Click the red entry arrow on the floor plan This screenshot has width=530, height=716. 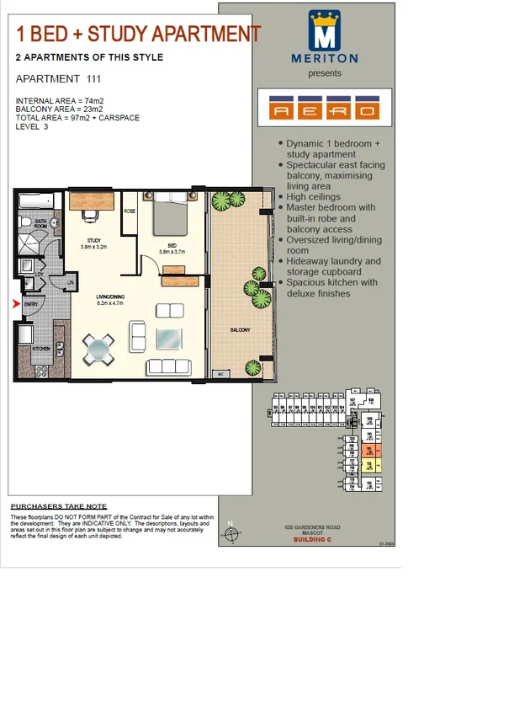tap(16, 303)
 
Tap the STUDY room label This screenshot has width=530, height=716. tap(93, 243)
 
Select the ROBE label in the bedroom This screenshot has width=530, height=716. tap(130, 211)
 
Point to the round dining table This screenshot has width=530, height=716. tap(98, 348)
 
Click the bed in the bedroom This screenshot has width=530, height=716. tap(171, 216)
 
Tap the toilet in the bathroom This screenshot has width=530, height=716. tap(55, 224)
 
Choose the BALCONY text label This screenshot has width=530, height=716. tap(240, 330)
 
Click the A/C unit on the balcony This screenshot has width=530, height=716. tap(221, 372)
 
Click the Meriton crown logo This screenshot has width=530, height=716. tap(324, 32)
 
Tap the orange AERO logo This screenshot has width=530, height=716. tap(324, 109)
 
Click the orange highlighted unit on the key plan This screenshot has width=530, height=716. tap(369, 451)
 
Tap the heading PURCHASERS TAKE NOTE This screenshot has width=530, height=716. tap(59, 506)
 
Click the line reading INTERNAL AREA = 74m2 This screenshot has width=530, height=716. tap(59, 100)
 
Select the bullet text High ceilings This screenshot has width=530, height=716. tap(314, 196)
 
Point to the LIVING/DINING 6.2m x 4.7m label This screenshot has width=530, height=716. tap(111, 299)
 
